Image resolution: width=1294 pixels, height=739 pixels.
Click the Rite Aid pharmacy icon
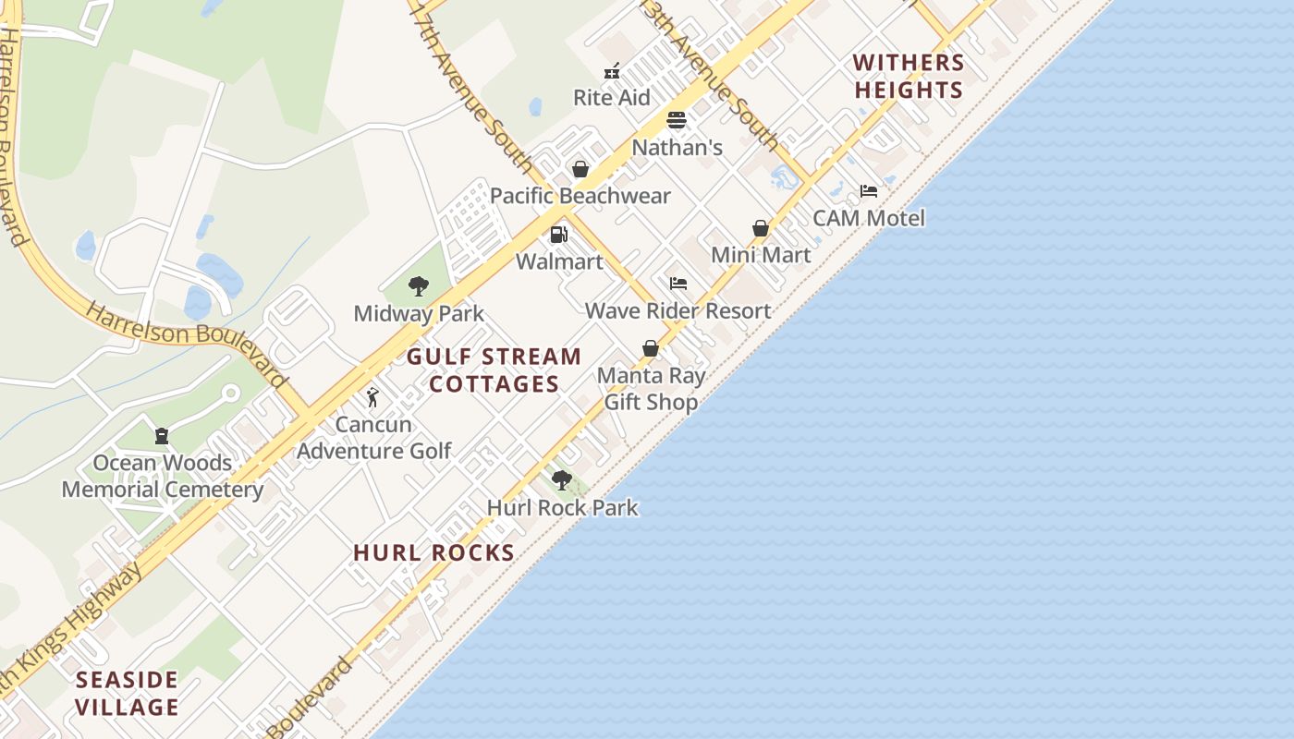[x=611, y=71]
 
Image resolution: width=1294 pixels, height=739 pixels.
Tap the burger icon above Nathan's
[x=677, y=120]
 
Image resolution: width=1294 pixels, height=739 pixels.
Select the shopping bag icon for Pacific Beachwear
[x=580, y=169]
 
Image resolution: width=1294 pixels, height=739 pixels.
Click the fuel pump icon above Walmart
[x=558, y=235]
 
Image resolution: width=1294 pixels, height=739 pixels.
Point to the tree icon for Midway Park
[x=419, y=286]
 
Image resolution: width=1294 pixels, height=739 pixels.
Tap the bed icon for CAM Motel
[x=869, y=191]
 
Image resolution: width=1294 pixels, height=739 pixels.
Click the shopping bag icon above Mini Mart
[x=761, y=228]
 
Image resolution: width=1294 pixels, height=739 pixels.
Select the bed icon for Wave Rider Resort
[x=678, y=284]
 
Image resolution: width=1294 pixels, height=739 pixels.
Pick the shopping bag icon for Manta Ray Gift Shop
[x=651, y=348]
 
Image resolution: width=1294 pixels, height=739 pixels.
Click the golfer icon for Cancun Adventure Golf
[x=372, y=397]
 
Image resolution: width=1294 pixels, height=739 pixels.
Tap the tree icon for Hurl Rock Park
[x=562, y=480]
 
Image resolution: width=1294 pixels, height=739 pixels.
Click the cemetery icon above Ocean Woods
[x=162, y=436]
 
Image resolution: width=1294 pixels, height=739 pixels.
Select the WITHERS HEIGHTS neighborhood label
[x=909, y=77]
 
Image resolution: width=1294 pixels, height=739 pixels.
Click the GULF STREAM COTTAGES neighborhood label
[x=494, y=369]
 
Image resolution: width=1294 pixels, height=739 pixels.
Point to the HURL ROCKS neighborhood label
[x=433, y=552]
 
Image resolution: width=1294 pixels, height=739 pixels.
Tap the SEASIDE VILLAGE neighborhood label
[x=128, y=694]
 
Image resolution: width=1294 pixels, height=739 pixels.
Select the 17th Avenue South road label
[x=472, y=88]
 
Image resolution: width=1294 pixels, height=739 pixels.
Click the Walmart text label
[x=559, y=261]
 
